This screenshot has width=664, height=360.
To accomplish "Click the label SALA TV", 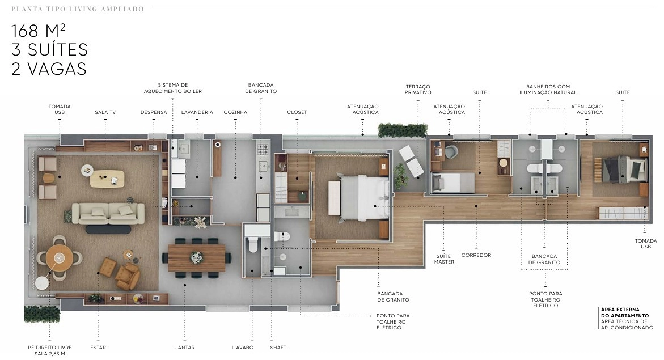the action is point(105,112).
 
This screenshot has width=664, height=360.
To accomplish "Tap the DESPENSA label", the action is point(154,112).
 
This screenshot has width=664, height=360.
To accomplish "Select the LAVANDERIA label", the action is point(197,112).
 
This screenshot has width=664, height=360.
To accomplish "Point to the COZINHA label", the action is point(235,112).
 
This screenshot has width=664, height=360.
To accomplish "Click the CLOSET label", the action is point(297,112).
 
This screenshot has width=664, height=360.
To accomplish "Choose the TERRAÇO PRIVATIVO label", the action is point(418,90).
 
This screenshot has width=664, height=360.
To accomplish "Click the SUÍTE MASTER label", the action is point(444,259).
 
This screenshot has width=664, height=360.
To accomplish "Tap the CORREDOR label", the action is point(476,255).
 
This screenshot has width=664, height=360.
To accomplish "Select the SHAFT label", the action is point(278,348).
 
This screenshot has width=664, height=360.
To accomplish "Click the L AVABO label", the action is point(243,348).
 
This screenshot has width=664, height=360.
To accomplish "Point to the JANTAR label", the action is point(185,348).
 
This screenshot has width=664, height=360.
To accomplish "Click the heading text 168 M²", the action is point(38,31).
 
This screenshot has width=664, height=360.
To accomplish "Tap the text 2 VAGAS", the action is point(49,69).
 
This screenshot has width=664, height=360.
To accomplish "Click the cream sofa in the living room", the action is point(108,213).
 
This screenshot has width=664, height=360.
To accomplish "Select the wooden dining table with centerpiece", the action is point(197,257).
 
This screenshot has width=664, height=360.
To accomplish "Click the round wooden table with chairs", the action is point(60,258).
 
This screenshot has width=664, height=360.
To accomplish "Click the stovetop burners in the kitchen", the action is point(263,149).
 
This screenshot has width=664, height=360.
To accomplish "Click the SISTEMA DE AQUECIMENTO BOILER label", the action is point(173,88).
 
